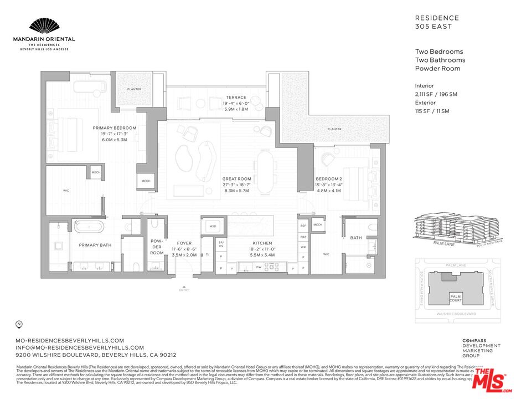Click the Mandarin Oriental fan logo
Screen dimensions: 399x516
(44, 26)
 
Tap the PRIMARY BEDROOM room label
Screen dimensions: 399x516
(114, 128)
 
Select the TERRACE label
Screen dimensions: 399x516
(235, 98)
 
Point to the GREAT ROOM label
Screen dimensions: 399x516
(236, 179)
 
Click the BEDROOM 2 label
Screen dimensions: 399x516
(329, 179)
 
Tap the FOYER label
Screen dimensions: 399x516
(184, 243)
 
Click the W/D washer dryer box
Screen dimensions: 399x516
(213, 227)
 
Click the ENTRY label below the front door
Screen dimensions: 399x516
(184, 290)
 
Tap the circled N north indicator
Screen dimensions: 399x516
(19, 324)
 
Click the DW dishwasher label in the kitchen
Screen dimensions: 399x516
(259, 267)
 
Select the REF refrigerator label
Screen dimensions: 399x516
(303, 226)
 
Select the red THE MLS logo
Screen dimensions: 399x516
(491, 380)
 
